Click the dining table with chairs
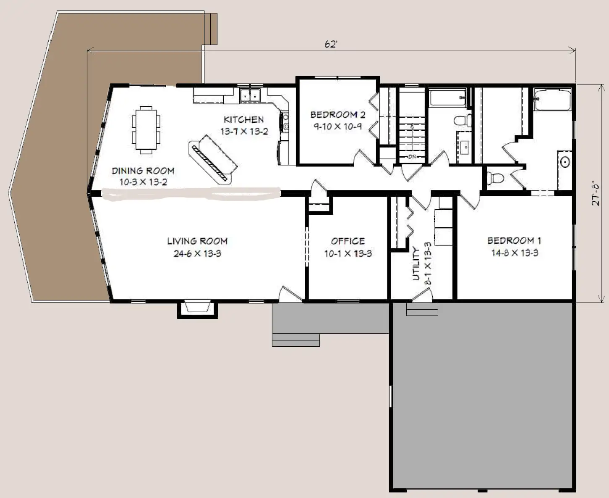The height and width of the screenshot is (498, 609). (146, 130)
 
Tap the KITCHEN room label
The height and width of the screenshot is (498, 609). (244, 119)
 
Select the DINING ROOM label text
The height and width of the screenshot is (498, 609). (143, 171)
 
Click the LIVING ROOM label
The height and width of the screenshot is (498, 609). (197, 241)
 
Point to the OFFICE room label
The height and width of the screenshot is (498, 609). (348, 241)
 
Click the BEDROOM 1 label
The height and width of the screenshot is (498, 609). (514, 240)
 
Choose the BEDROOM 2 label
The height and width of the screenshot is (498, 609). (337, 115)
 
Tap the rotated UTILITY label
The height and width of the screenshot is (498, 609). (416, 263)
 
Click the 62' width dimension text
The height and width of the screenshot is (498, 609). (331, 44)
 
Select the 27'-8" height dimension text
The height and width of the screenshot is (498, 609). (596, 193)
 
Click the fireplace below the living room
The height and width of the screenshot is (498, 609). (198, 309)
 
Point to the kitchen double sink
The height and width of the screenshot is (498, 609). (250, 95)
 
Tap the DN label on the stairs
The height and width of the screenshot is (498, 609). (412, 157)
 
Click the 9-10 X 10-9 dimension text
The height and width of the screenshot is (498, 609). (337, 126)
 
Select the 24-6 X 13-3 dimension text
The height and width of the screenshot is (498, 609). (197, 254)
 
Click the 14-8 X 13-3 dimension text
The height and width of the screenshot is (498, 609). (515, 253)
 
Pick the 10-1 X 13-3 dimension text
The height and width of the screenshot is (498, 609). (348, 254)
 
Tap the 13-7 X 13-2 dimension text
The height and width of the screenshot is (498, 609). (244, 132)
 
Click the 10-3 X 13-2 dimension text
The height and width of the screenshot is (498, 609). (143, 182)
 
